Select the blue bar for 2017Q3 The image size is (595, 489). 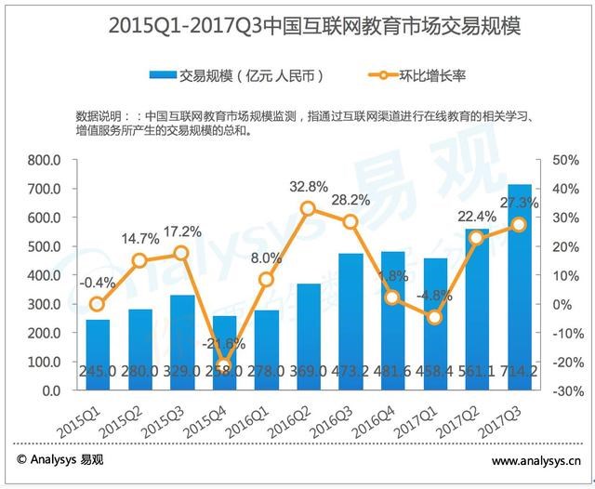point(519,288)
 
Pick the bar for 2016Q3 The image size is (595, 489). point(350,322)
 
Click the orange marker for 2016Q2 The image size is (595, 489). point(308,208)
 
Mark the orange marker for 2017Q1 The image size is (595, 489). point(434,318)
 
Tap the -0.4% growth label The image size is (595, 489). point(97,283)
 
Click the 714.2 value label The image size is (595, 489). point(519,372)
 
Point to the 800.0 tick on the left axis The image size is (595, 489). point(44,160)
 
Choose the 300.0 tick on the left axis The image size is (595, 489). point(44,304)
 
